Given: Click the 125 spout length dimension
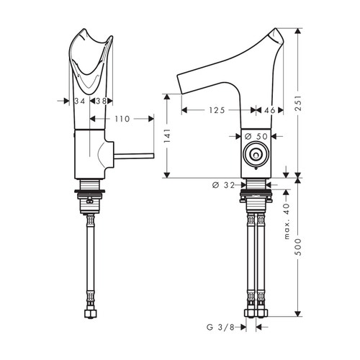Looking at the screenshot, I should [217, 111].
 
